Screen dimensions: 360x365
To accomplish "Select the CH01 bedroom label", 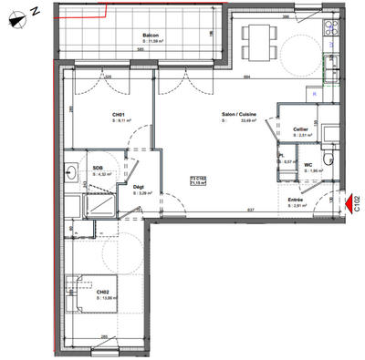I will pyautogui.click(x=118, y=114).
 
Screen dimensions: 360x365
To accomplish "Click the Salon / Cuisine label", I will pyautogui.click(x=238, y=114).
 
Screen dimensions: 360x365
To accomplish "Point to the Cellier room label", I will pyautogui.click(x=300, y=129).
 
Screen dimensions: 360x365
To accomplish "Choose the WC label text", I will pyautogui.click(x=308, y=165).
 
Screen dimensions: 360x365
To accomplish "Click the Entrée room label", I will pyautogui.click(x=297, y=201).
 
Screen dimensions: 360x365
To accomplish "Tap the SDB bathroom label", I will pyautogui.click(x=98, y=168).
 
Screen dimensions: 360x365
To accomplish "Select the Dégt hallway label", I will pyautogui.click(x=139, y=188).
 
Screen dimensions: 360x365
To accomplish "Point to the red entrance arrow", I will pyautogui.click(x=351, y=203).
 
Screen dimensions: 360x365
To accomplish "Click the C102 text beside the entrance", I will pyautogui.click(x=358, y=203).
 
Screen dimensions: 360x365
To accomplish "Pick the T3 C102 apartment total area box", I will pyautogui.click(x=197, y=180).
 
